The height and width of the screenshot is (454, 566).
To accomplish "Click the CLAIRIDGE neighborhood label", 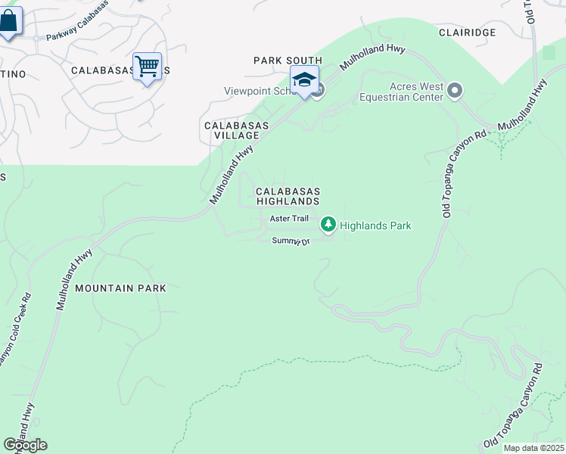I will tap(467, 33).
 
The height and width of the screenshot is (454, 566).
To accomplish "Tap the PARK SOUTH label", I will tap(288, 61).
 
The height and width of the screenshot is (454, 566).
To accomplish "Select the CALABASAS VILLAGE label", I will tap(231, 130).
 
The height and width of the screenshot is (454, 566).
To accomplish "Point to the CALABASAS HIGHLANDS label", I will tap(288, 197).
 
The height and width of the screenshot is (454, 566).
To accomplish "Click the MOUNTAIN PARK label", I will tap(120, 288).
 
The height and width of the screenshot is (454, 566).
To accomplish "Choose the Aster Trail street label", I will tap(290, 218).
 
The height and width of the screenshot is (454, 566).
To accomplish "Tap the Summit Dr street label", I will tap(292, 241).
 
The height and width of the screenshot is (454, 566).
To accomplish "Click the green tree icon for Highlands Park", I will tap(328, 224).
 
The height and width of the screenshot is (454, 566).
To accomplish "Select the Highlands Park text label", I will tap(375, 225).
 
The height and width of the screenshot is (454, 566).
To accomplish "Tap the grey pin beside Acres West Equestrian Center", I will tap(455, 92).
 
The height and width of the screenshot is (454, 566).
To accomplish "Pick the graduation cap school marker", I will tap(304, 79).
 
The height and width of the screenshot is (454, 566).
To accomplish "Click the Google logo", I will tap(26, 444).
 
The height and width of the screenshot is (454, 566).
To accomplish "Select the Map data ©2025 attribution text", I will tap(533, 448).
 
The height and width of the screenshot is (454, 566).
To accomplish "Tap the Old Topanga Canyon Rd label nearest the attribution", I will tap(516, 406).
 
